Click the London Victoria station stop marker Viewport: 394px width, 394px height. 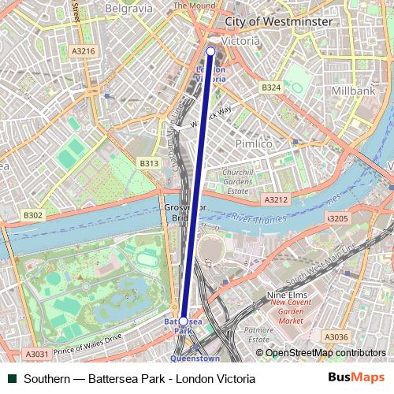tap(210, 52)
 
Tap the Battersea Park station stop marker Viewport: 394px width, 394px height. tap(184, 322)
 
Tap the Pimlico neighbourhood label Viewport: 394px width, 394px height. tap(254, 144)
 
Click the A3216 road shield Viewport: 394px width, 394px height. tap(83, 51)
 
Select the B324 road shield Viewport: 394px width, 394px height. tap(271, 87)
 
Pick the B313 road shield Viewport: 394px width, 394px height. tap(149, 163)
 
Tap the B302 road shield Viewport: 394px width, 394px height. tap(33, 214)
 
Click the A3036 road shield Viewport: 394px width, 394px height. tap(336, 337)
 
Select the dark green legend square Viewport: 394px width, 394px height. tap(10, 379)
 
